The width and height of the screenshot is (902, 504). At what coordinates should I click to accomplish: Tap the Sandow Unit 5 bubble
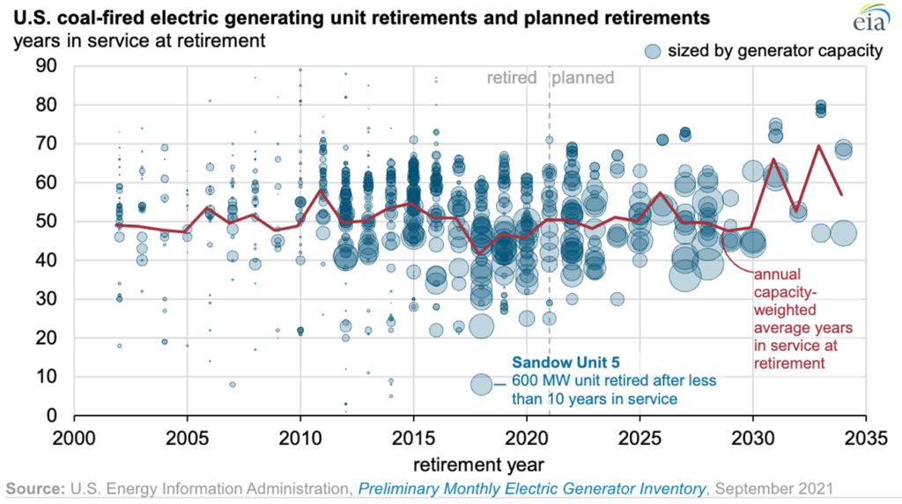(x=481, y=384)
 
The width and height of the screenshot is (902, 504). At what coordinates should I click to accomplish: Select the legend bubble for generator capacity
(x=653, y=51)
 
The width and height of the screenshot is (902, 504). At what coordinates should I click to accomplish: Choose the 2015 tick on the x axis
(x=413, y=436)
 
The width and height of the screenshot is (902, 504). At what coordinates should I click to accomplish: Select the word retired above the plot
(x=512, y=77)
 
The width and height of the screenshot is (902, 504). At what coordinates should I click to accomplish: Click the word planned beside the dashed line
(x=583, y=77)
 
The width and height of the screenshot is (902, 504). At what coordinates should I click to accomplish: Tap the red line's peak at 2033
(x=820, y=146)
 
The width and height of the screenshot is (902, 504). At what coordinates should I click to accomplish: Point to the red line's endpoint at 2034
(x=842, y=194)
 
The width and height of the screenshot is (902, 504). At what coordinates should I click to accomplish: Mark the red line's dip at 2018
(x=480, y=253)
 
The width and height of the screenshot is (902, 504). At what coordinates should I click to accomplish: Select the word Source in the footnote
(x=33, y=486)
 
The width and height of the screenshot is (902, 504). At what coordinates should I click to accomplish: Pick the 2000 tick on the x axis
(x=73, y=436)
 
